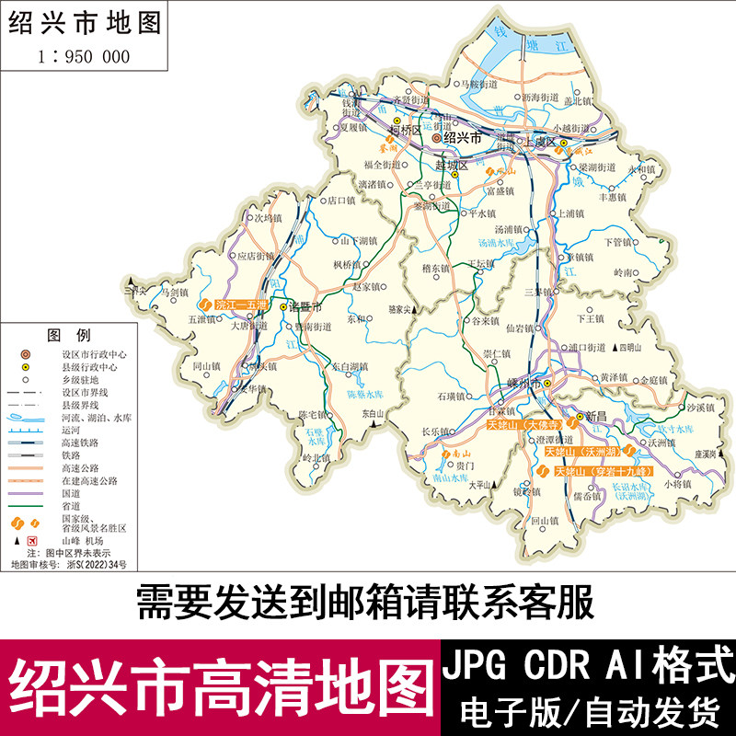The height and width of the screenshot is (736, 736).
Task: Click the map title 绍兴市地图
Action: [85, 22]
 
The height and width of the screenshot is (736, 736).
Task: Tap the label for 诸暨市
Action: [305, 305]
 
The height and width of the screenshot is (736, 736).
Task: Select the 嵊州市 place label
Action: [516, 383]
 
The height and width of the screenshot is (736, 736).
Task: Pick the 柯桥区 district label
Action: [405, 132]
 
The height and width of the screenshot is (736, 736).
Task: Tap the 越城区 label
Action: [452, 166]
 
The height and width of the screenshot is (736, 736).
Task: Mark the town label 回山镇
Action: [545, 521]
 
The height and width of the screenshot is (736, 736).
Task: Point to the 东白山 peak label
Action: [372, 414]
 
